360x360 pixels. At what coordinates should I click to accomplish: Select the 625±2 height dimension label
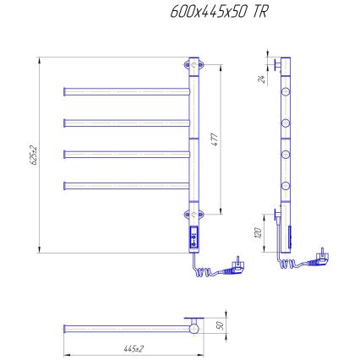33,154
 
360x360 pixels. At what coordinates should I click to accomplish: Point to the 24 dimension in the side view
263,79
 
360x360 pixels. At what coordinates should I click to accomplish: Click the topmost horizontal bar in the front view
127,90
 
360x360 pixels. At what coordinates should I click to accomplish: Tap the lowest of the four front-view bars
127,184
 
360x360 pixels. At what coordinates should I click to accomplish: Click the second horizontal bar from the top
127,123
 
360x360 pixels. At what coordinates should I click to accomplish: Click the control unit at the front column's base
194,239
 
